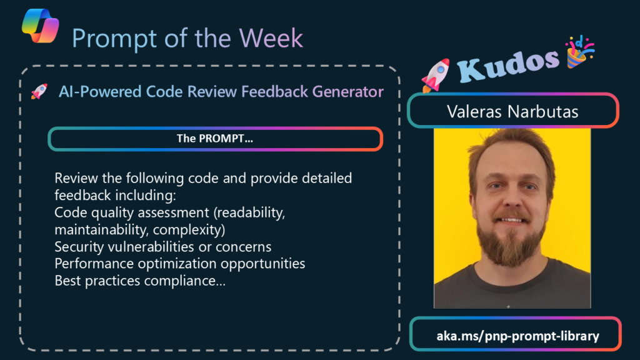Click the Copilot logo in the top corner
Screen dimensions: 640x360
[x=40, y=26]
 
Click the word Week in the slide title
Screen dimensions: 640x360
[x=271, y=38]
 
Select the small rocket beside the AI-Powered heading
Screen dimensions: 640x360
[x=39, y=91]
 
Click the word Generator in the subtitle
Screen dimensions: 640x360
[x=347, y=91]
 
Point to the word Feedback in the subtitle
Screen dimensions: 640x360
[x=275, y=91]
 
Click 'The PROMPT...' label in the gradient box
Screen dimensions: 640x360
[x=215, y=139]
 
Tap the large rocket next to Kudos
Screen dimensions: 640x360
[x=436, y=75]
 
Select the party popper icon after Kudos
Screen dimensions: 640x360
[x=579, y=52]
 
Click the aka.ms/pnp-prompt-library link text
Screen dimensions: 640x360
[x=517, y=336]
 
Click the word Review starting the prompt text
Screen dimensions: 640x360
[x=76, y=178]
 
